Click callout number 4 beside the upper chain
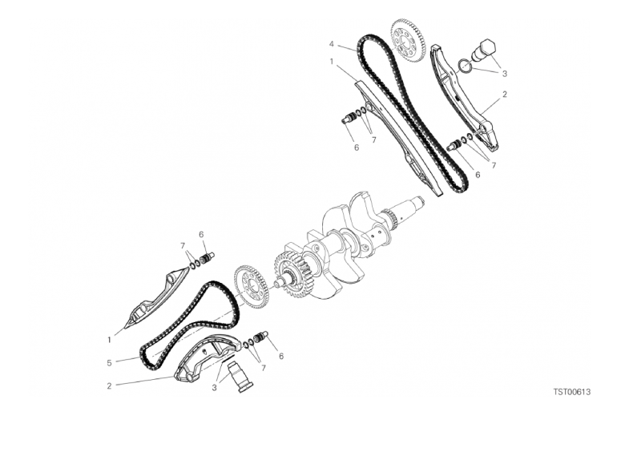click(332, 43)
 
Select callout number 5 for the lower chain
click(110, 363)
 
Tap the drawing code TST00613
click(572, 392)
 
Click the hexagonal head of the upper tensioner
click(487, 49)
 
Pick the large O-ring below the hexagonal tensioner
click(465, 65)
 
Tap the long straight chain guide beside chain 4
click(398, 138)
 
